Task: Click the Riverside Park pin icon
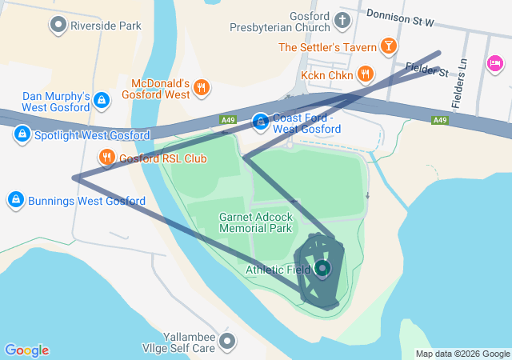tap(58, 26)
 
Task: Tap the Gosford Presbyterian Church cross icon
tap(342, 20)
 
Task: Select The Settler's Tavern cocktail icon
tap(388, 46)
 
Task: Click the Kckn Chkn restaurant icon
tap(365, 74)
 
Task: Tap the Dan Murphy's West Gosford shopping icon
tap(101, 100)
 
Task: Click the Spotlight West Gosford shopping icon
tap(22, 134)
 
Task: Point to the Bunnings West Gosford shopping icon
tap(15, 199)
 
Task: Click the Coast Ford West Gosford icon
tap(261, 122)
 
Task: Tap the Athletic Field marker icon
tap(322, 269)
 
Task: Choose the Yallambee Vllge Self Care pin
tap(228, 342)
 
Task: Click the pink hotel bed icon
tap(494, 63)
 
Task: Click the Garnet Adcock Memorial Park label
tap(256, 222)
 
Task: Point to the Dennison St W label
tap(400, 14)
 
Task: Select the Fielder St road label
tap(426, 70)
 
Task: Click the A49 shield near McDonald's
tap(229, 120)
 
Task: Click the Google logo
tap(26, 350)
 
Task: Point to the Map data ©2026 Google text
tap(462, 354)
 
